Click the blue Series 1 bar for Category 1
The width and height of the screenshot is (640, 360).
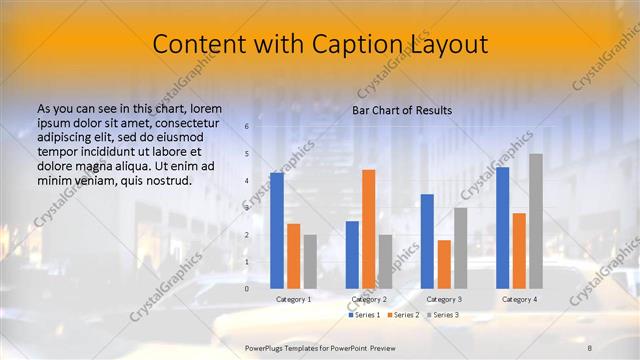click(x=276, y=230)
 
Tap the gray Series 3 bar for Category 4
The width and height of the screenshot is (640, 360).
click(x=536, y=221)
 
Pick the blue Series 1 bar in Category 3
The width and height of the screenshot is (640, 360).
click(x=427, y=241)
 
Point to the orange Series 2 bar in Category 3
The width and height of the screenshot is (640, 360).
click(x=444, y=264)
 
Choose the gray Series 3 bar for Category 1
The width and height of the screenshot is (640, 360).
click(x=310, y=261)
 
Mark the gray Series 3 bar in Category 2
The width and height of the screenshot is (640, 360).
click(x=385, y=261)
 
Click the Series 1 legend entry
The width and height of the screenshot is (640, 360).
click(x=365, y=315)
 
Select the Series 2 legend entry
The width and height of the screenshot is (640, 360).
click(x=402, y=315)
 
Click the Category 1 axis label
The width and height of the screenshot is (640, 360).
click(x=293, y=299)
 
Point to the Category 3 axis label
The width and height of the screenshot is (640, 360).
click(x=444, y=299)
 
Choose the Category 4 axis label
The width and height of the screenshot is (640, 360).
click(x=519, y=299)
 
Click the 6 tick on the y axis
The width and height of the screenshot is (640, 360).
click(x=246, y=127)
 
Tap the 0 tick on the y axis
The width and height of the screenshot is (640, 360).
click(x=246, y=288)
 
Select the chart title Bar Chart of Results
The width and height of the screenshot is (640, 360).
click(x=402, y=110)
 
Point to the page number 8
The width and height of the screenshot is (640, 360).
click(x=590, y=346)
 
